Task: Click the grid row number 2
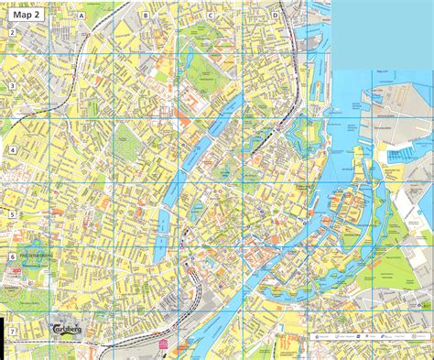[x=12, y=33]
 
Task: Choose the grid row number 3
[x=12, y=86]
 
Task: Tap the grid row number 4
[x=12, y=149]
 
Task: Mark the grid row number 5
[x=12, y=213]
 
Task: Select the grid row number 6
[x=12, y=258]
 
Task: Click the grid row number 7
[x=12, y=329]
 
